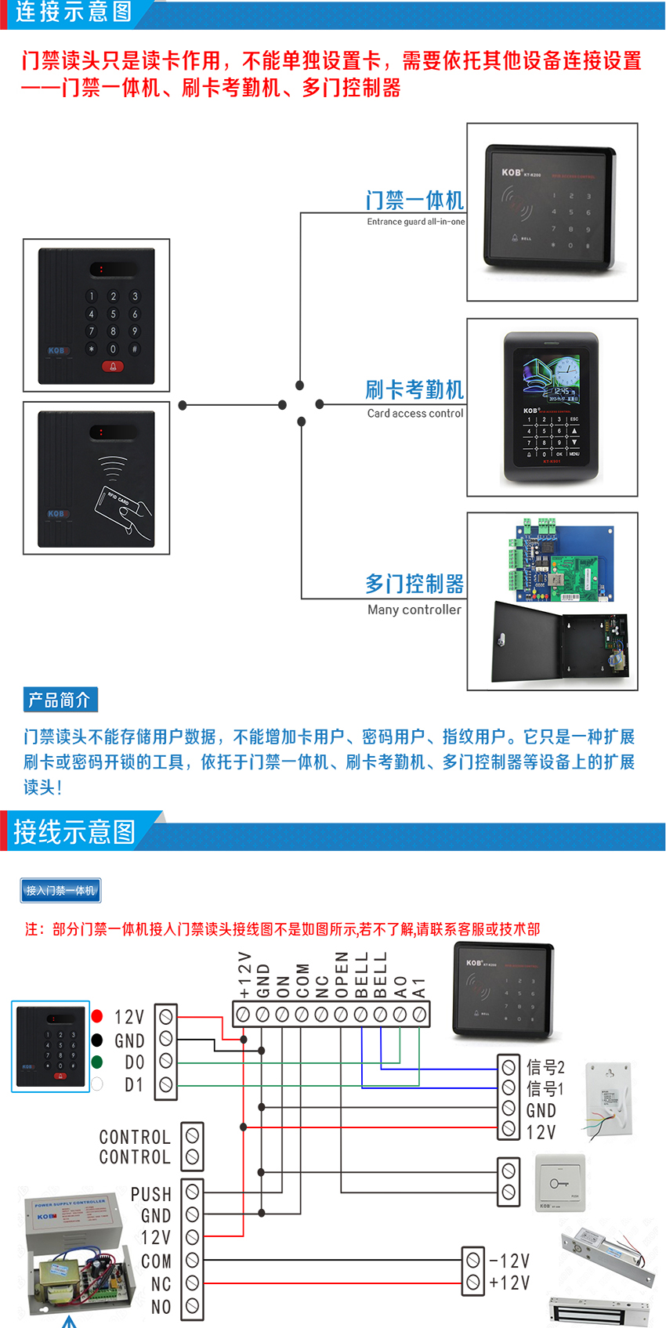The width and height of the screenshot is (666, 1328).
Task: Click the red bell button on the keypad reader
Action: click(x=112, y=367)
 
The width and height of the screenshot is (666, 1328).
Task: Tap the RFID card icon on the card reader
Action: click(x=122, y=506)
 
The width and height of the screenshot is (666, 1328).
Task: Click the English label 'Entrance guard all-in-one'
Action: click(x=415, y=222)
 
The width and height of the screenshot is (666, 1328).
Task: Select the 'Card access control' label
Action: click(x=415, y=413)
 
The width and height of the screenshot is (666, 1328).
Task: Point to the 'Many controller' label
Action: click(x=414, y=610)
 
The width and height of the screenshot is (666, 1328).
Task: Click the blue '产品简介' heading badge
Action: click(x=60, y=700)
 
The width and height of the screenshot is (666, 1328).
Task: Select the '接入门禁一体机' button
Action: click(x=60, y=890)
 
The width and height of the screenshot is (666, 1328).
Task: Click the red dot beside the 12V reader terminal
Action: click(x=97, y=1016)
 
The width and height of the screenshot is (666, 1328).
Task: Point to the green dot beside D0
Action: click(x=97, y=1062)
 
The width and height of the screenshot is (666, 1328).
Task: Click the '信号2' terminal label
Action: click(x=545, y=1067)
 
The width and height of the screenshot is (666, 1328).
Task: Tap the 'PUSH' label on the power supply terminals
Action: click(x=151, y=1194)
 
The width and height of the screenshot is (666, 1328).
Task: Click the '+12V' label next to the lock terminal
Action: click(x=509, y=1283)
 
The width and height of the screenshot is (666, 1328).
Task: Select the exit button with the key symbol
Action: click(x=559, y=1182)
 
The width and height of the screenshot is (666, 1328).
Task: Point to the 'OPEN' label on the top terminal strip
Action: click(x=342, y=975)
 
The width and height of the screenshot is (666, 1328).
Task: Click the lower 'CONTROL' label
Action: click(x=135, y=1157)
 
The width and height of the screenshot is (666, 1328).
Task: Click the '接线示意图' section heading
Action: click(x=74, y=831)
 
